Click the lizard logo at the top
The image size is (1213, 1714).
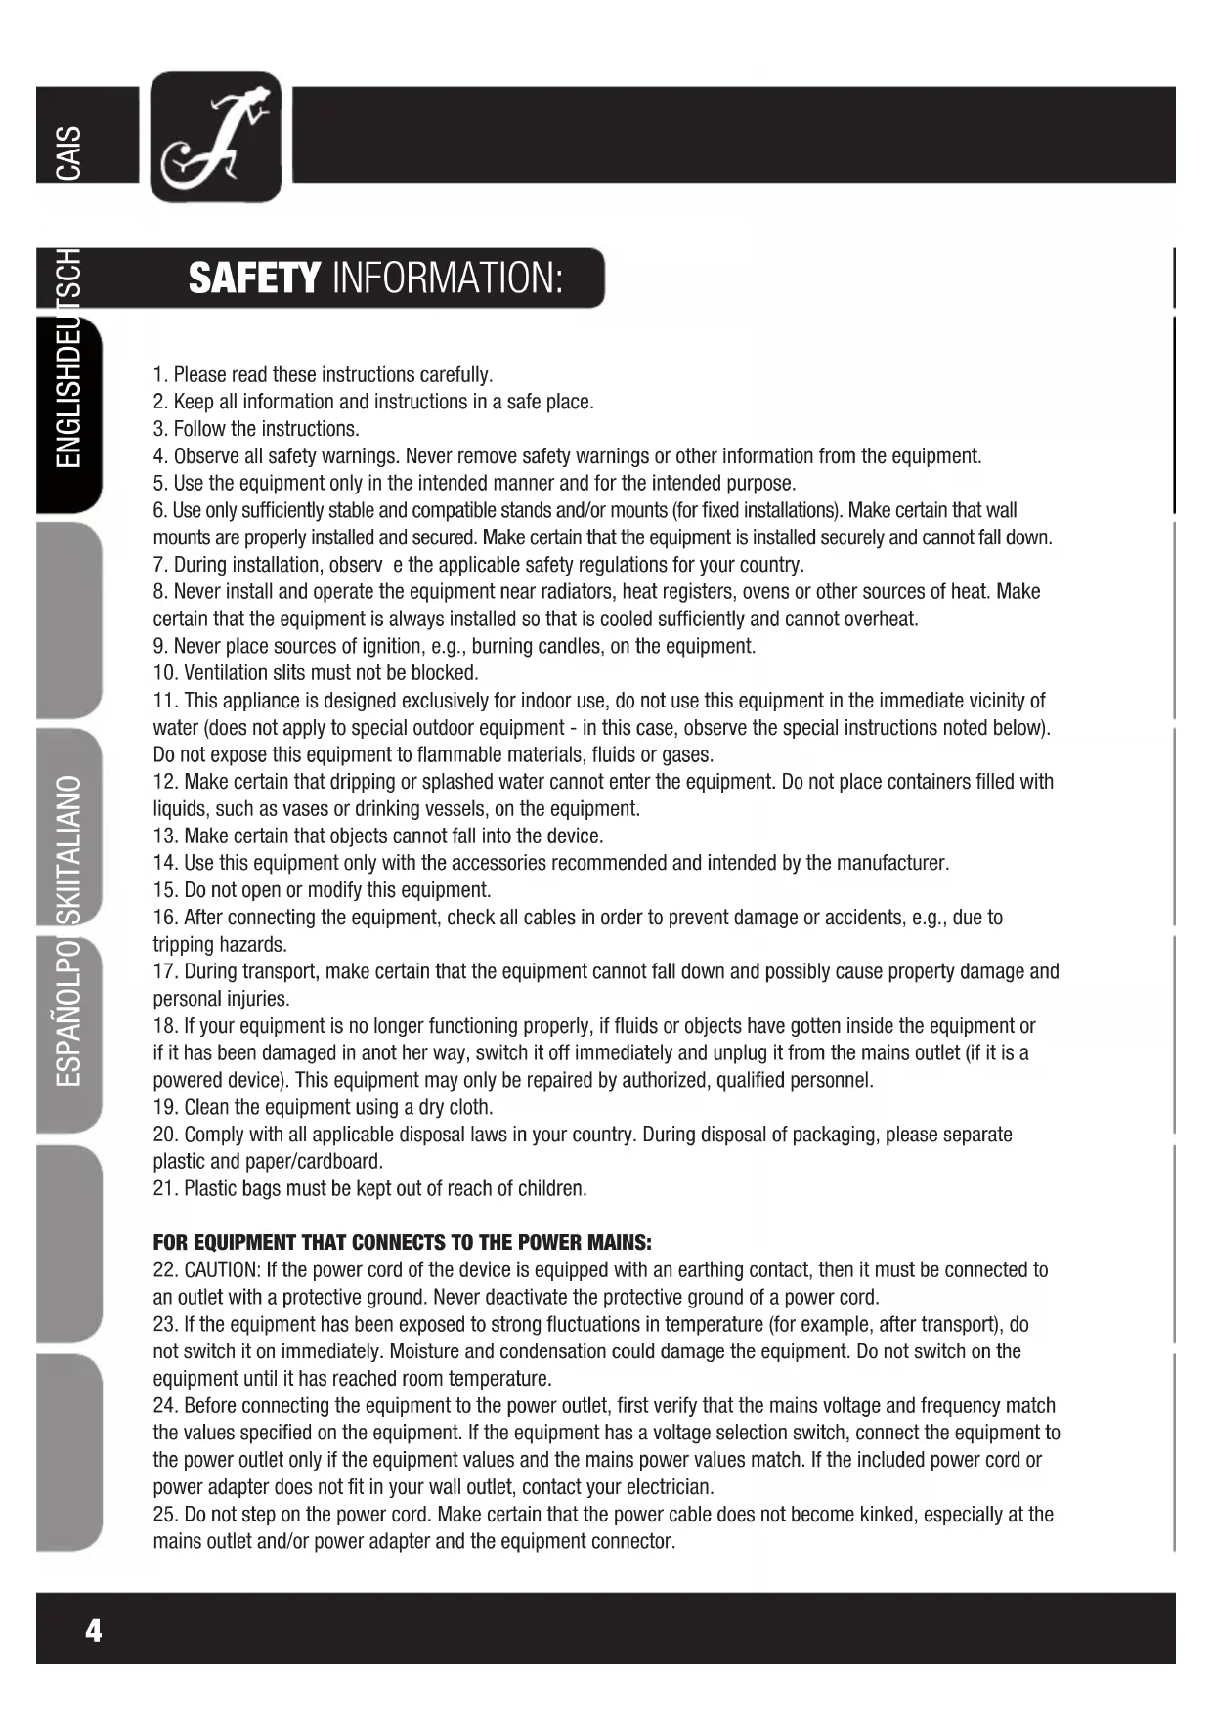(216, 137)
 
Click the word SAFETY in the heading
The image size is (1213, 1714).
(254, 279)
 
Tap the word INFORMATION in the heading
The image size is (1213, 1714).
(448, 279)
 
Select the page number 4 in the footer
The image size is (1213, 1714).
(94, 1630)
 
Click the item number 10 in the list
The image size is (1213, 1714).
(163, 673)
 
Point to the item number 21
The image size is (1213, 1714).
(163, 1189)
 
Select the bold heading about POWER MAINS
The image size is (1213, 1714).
(402, 1243)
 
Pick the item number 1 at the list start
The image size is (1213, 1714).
(159, 375)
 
